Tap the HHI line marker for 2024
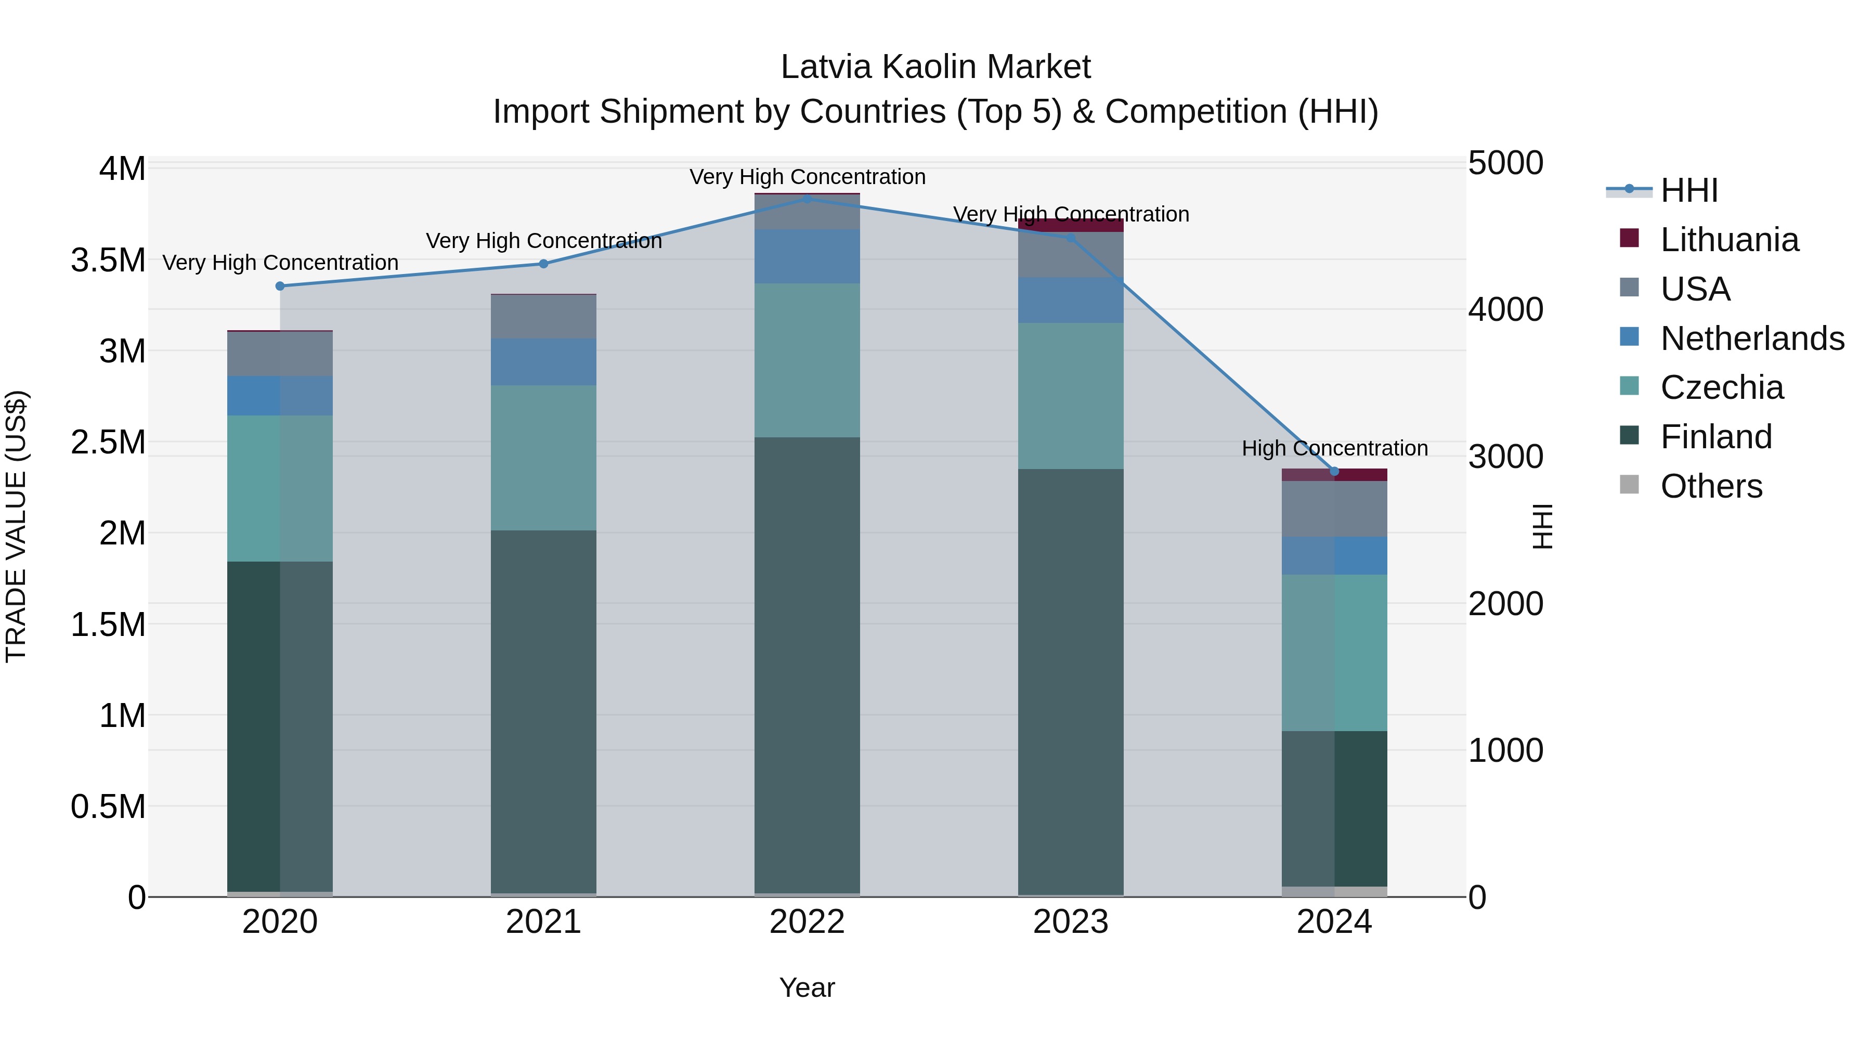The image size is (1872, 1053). [1334, 472]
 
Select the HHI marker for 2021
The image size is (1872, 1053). [543, 264]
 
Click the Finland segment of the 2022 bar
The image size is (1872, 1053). [808, 665]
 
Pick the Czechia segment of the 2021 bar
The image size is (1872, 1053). [543, 458]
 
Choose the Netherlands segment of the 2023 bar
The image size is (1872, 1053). [1071, 300]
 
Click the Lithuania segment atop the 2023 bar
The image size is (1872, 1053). [1071, 225]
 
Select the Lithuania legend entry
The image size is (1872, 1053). [1730, 240]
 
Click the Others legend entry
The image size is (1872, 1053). [1711, 486]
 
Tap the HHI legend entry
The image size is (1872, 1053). [1689, 190]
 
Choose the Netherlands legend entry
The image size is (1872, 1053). [1752, 339]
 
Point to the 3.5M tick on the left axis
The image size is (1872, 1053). [108, 260]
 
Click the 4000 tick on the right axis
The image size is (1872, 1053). [1506, 309]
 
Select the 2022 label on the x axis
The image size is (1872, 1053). [808, 922]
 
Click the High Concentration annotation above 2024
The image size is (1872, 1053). [1335, 448]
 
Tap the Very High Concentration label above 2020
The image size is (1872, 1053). [280, 263]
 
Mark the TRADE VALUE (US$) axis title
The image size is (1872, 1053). [16, 526]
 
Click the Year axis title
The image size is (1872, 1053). [808, 987]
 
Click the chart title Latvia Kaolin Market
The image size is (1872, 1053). [935, 67]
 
